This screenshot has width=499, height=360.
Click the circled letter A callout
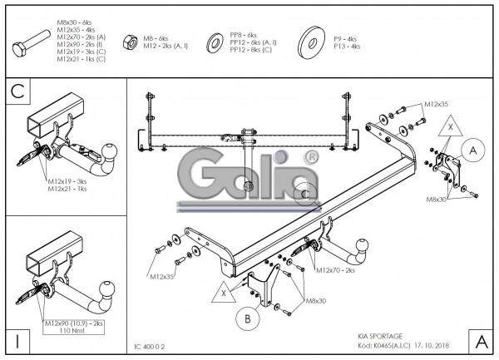[x=472, y=150]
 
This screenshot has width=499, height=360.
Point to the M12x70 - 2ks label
[x=336, y=270]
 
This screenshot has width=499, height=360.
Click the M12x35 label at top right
[x=436, y=105]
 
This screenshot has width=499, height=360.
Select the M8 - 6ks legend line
[x=156, y=38]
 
